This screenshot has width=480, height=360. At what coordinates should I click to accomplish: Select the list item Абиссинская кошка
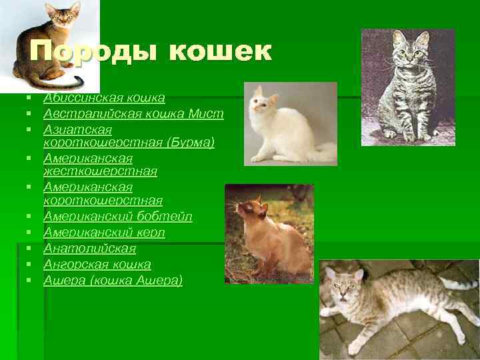click(x=104, y=98)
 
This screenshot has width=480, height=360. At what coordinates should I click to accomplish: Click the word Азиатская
click(x=77, y=129)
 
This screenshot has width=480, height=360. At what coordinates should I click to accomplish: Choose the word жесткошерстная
click(x=100, y=171)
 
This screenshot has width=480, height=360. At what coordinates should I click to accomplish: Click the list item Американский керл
click(x=104, y=233)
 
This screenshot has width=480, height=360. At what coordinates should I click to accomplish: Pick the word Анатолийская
click(x=89, y=249)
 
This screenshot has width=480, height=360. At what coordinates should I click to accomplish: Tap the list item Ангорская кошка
click(x=97, y=265)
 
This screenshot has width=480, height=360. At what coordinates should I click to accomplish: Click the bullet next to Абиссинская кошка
click(x=31, y=99)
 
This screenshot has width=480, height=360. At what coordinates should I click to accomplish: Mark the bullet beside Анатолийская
click(x=31, y=249)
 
